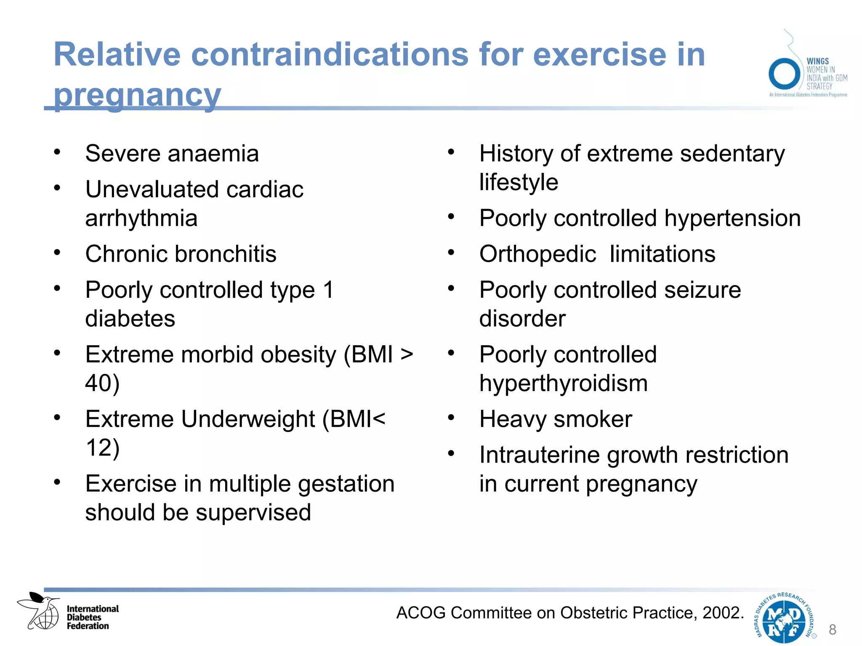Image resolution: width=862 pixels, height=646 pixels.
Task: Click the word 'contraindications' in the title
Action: pyautogui.click(x=330, y=55)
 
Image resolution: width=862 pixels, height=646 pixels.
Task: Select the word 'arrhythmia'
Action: pyautogui.click(x=141, y=218)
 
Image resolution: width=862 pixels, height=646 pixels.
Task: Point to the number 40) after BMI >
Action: pyautogui.click(x=102, y=384)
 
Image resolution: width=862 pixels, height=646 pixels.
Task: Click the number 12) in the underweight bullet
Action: pyautogui.click(x=102, y=447)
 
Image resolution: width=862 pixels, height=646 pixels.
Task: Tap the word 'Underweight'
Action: pyautogui.click(x=248, y=419)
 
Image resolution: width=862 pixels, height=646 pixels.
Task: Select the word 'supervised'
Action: pyautogui.click(x=253, y=513)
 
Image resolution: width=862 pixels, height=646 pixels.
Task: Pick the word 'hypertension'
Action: pyautogui.click(x=732, y=218)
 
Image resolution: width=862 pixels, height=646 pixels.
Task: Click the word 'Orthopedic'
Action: pyautogui.click(x=537, y=254)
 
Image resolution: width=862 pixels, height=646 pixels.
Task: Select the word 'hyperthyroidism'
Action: pyautogui.click(x=563, y=384)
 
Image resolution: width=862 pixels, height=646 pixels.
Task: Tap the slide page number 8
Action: pyautogui.click(x=832, y=630)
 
